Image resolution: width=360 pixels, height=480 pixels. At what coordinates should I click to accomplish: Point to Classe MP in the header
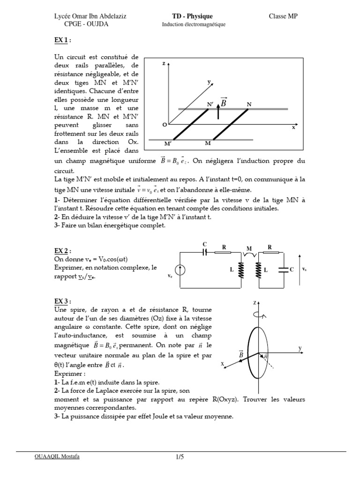(283, 16)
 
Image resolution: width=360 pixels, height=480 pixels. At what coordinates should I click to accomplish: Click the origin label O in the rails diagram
(164, 125)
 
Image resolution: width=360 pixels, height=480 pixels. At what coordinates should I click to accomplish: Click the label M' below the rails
(167, 143)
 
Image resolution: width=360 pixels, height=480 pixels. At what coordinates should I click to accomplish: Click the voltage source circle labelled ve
(181, 269)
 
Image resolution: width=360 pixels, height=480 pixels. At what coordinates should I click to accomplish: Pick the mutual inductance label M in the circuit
(249, 248)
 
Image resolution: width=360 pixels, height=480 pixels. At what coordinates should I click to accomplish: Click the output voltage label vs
(305, 270)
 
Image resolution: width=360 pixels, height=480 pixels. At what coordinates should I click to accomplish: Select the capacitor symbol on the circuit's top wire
(204, 252)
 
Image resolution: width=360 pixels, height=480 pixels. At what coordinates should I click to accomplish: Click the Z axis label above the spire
(255, 303)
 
